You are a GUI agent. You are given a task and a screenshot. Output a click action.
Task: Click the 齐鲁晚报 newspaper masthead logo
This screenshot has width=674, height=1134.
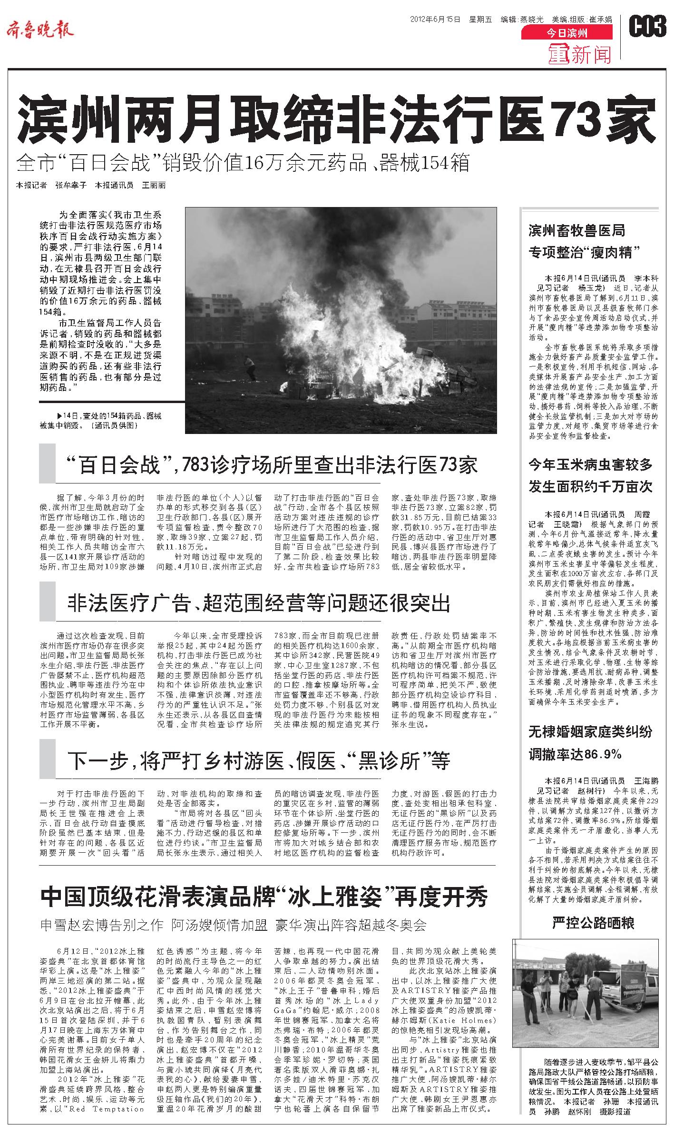click(x=40, y=31)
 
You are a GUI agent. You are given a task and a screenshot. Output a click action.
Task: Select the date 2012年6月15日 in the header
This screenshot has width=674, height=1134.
click(x=435, y=20)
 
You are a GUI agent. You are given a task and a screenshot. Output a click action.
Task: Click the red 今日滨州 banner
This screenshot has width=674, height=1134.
click(x=567, y=33)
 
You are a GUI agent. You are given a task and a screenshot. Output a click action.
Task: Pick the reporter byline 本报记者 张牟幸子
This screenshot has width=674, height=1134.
click(x=51, y=186)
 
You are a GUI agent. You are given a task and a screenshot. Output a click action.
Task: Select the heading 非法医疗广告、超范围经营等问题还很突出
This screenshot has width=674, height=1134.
click(x=259, y=603)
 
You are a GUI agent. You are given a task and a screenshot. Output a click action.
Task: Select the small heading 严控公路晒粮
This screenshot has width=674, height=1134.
click(x=593, y=923)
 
